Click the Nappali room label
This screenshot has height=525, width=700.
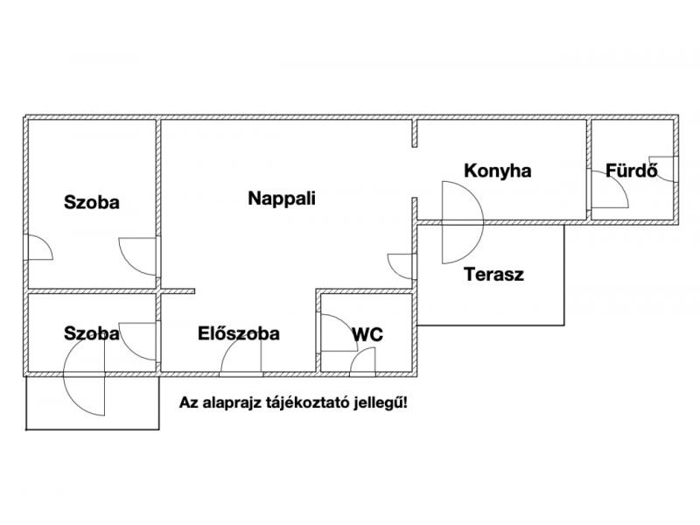(x=282, y=198)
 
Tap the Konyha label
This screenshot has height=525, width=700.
(x=497, y=171)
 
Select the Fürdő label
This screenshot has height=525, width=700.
(x=631, y=171)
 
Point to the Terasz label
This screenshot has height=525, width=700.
(x=493, y=274)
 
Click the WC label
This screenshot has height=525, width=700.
(x=367, y=333)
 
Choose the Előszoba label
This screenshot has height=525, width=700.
(x=239, y=333)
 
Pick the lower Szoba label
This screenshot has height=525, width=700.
(x=92, y=333)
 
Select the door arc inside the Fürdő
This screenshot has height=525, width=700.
(x=612, y=189)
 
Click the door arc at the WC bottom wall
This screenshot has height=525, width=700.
(x=362, y=360)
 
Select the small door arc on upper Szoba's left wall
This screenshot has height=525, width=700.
(x=39, y=248)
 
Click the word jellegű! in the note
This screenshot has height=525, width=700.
(x=382, y=403)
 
